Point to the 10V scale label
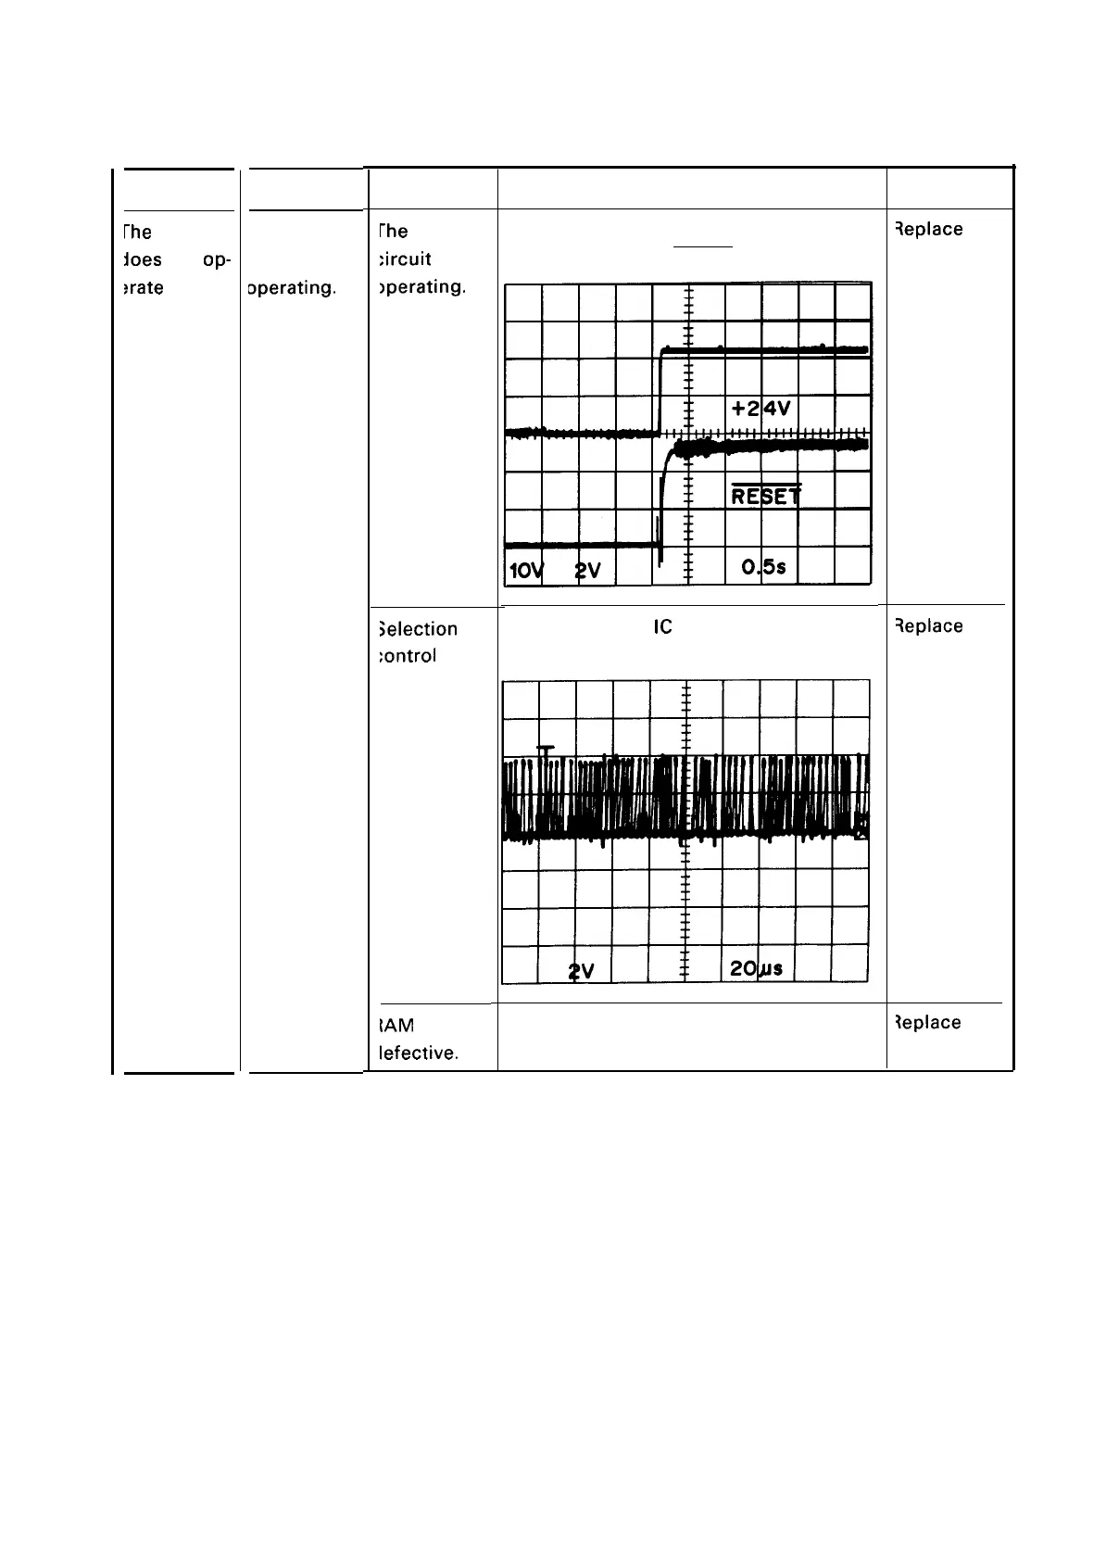coord(524,571)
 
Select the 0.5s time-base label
coord(764,567)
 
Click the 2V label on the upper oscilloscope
coord(587,571)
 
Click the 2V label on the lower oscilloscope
coord(582,970)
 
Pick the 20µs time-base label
coord(756,968)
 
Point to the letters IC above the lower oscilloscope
coord(662,627)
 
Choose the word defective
coord(419,1053)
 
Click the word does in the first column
coord(142,259)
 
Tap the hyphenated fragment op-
coord(216,259)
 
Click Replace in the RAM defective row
coord(927,1023)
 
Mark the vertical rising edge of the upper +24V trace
coord(660,391)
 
